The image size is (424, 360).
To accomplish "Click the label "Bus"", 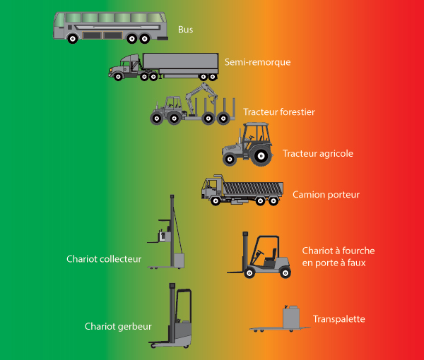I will (185, 30).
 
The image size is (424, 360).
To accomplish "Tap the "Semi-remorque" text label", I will (257, 62).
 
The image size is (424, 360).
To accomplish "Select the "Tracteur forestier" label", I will (278, 112).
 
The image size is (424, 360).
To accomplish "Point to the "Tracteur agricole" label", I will (317, 153).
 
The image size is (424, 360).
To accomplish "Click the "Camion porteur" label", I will (326, 194).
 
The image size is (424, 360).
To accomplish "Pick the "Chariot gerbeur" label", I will (112, 326).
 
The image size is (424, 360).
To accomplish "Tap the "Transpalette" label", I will (338, 319).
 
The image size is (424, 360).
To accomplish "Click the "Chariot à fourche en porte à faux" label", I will (338, 256).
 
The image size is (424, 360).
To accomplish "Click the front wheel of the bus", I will (73, 39).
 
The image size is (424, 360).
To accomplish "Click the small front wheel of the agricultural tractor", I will (229, 159).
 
